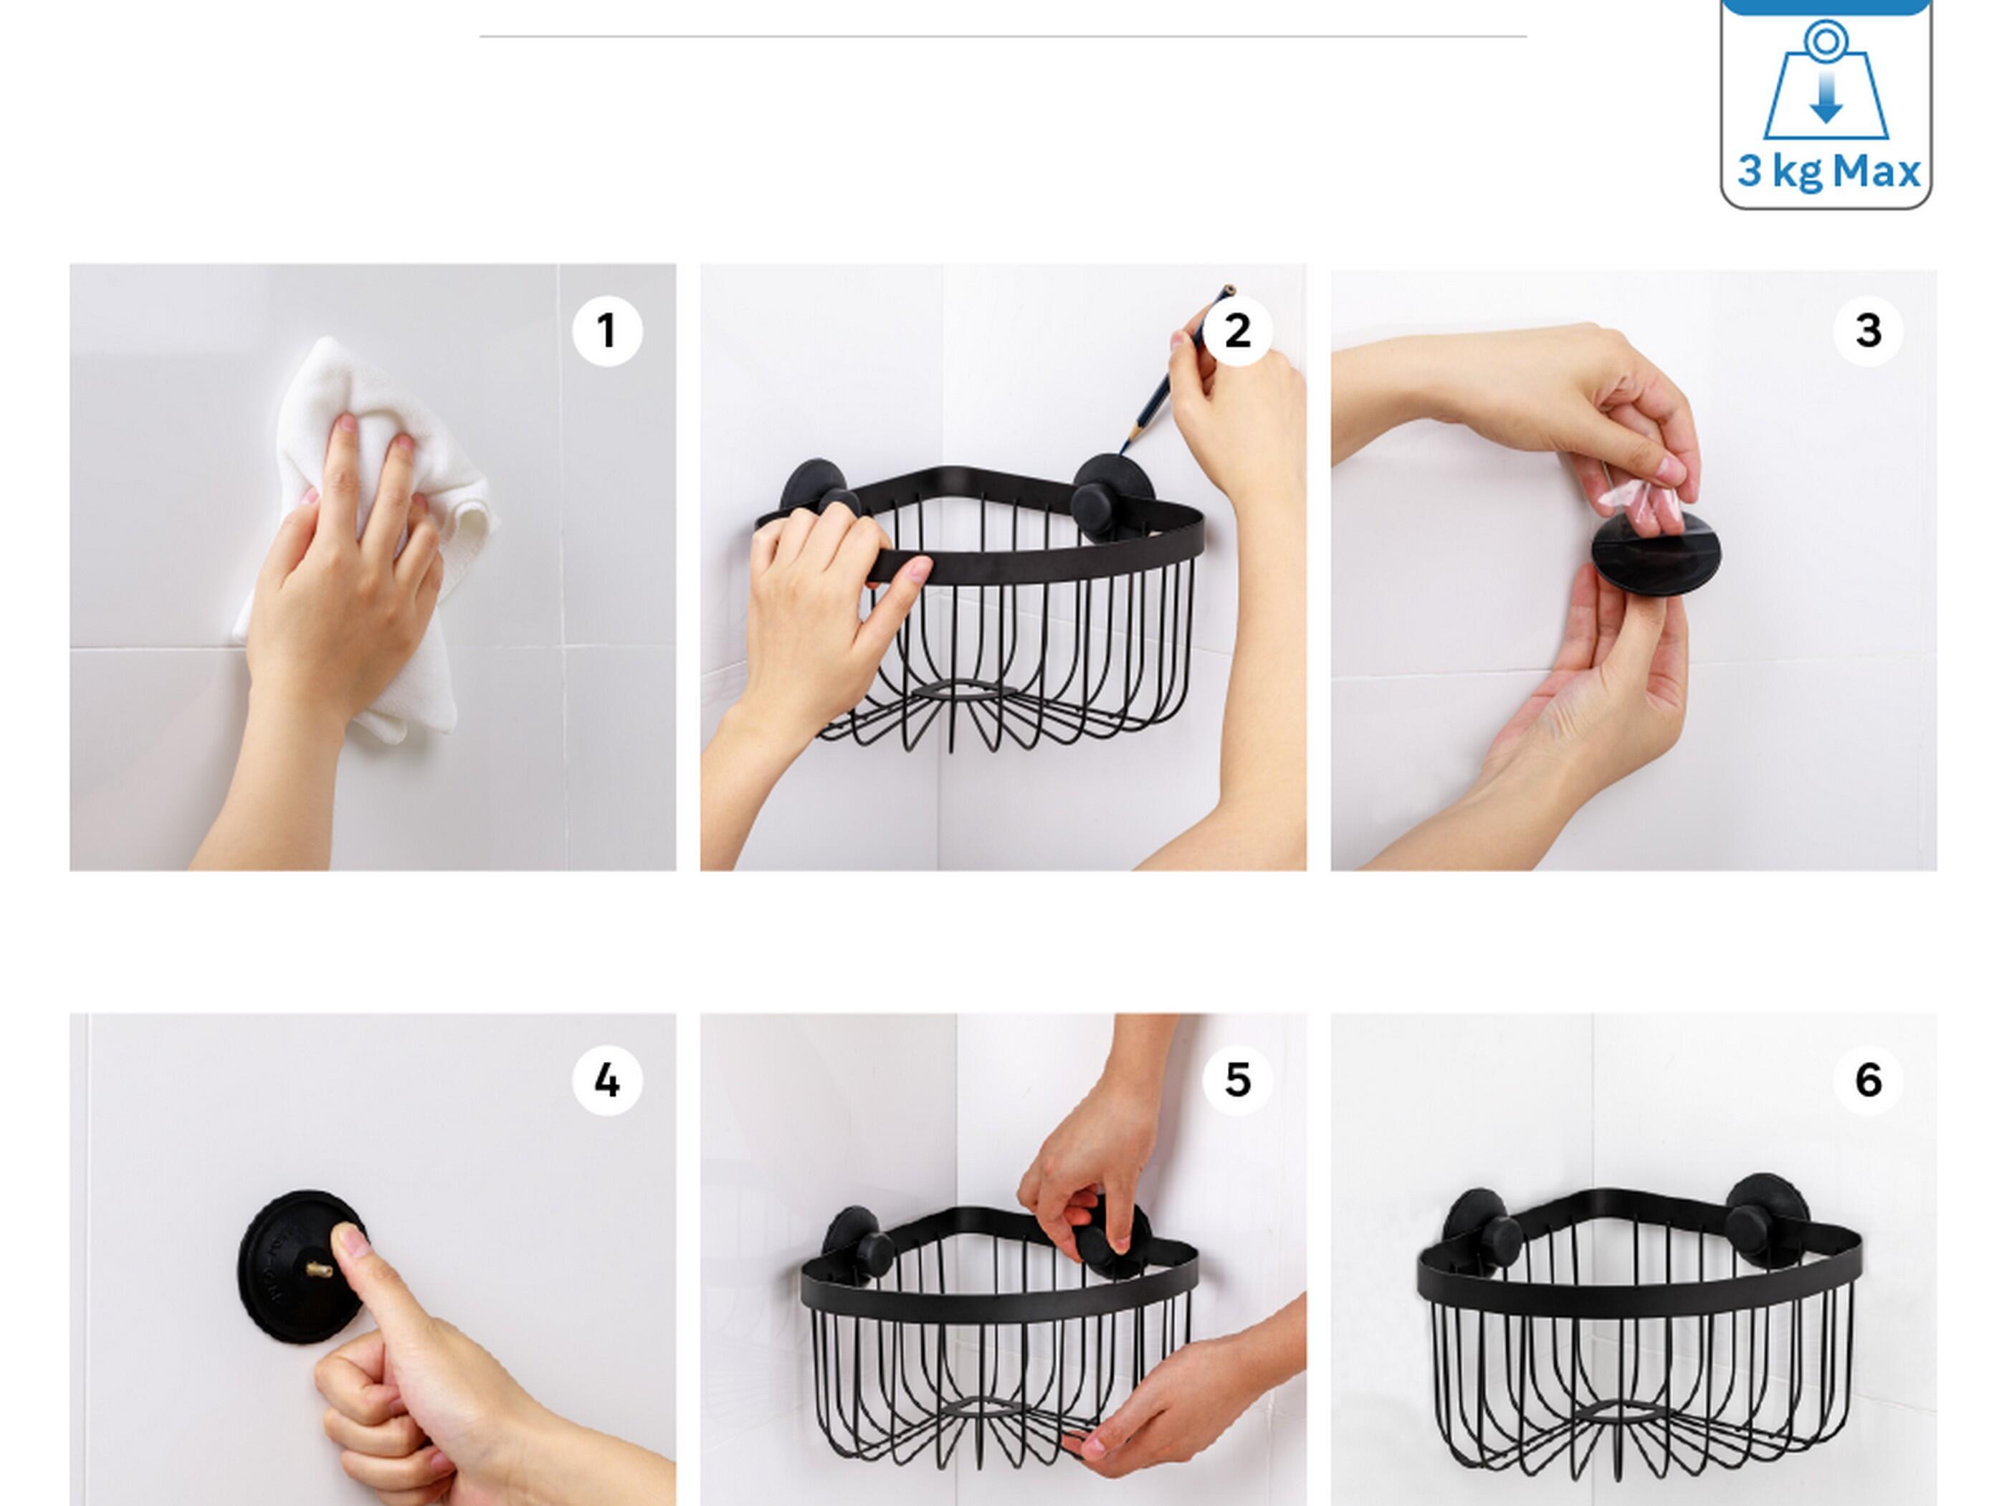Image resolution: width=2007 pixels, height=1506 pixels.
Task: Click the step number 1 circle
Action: [x=607, y=331]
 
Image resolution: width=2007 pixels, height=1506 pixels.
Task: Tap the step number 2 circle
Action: [x=1238, y=331]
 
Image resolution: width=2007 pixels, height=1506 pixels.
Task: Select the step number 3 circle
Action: [x=1868, y=331]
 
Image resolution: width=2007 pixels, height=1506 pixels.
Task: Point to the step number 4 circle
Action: [x=607, y=1080]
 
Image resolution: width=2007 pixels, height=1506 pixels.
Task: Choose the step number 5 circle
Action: [x=1238, y=1080]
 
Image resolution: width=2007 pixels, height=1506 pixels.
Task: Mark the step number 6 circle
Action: [x=1868, y=1080]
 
